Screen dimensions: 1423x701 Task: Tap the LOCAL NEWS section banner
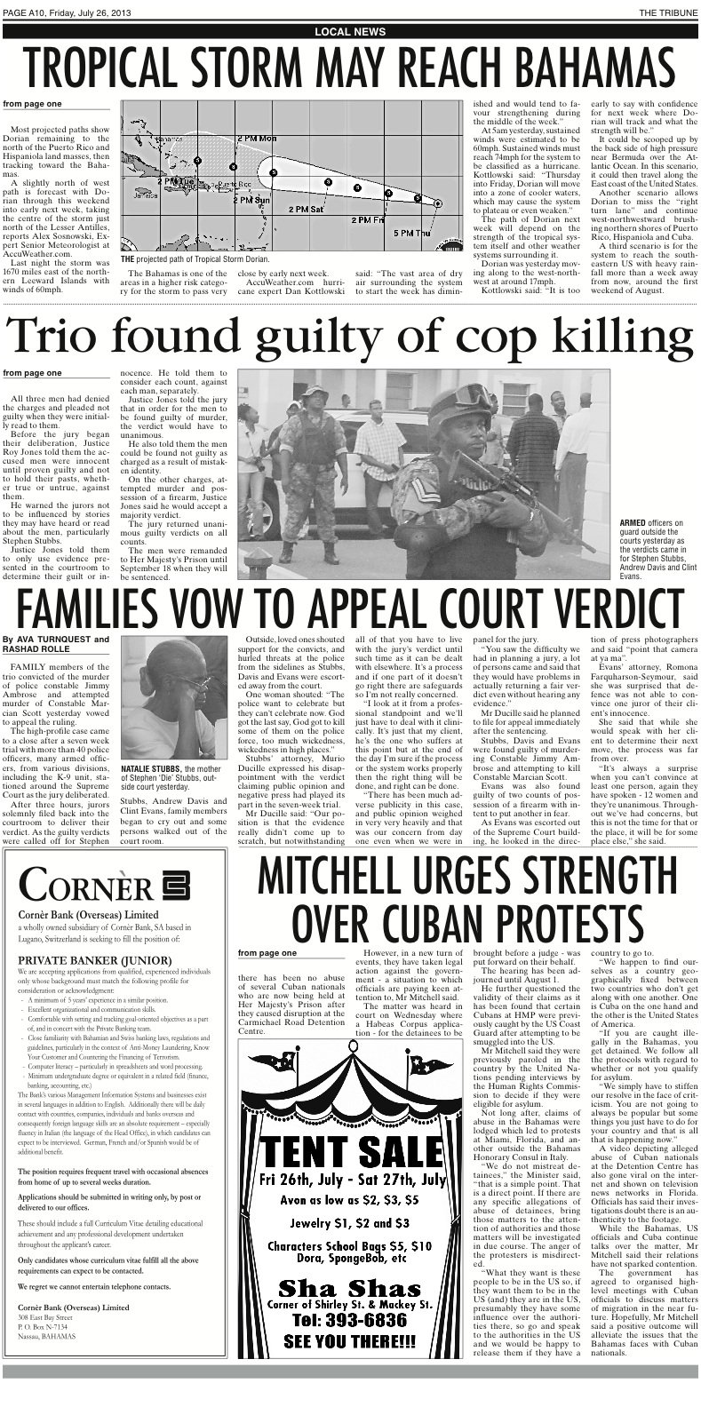point(350,31)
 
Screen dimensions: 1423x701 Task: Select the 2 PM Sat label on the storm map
point(307,210)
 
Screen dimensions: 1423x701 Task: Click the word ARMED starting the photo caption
point(633,523)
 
